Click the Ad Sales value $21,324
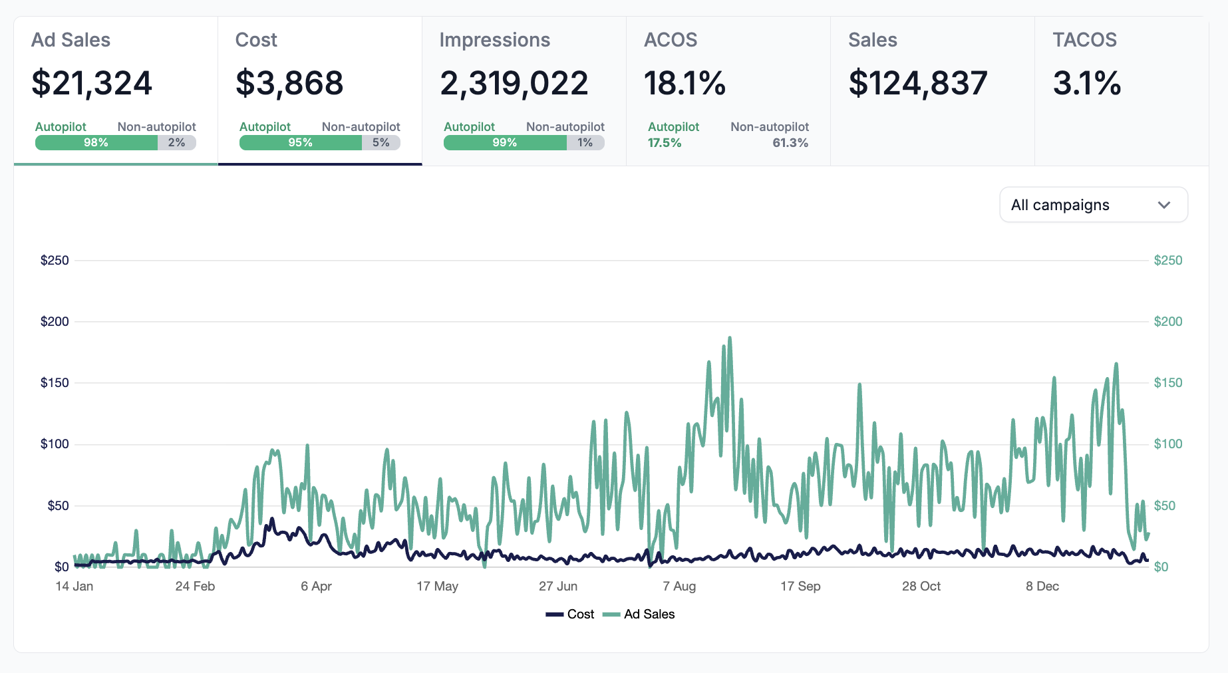pos(92,84)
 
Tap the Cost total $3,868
pos(289,84)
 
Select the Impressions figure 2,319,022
pos(514,84)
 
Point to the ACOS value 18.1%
pos(685,84)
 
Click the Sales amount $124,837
pos(918,84)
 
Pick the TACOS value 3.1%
pos(1087,84)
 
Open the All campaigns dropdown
pos(1093,205)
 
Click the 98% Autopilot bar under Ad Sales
pos(96,142)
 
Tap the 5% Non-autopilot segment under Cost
pos(381,142)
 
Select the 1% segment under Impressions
pos(585,142)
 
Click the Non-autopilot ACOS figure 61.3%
pos(790,143)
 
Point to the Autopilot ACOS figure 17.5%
pos(665,143)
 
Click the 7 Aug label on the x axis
pos(679,586)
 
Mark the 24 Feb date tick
pos(195,586)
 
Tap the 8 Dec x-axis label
pos(1042,586)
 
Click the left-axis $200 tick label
pos(55,322)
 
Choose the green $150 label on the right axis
pos(1168,383)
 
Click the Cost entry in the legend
pos(570,614)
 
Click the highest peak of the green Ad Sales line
pos(730,338)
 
